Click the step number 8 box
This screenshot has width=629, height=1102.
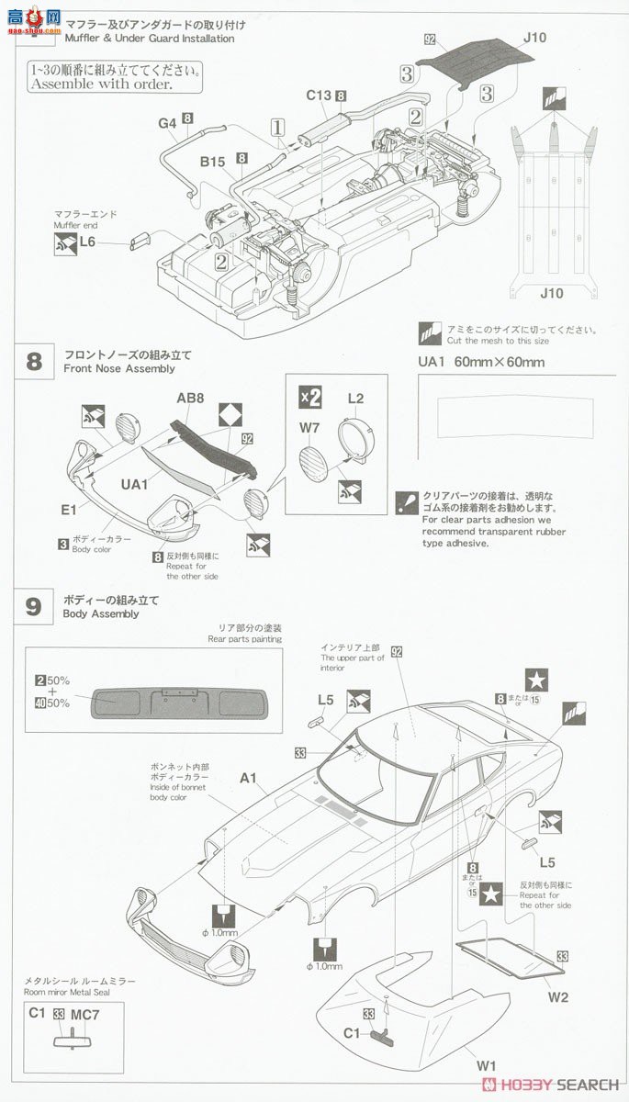click(33, 360)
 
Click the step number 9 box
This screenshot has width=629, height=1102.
click(33, 606)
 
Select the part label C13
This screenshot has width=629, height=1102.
click(318, 96)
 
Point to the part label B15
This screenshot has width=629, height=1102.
click(213, 162)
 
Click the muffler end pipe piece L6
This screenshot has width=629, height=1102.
click(140, 242)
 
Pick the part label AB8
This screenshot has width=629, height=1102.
click(190, 399)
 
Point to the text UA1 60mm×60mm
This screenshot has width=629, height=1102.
click(481, 362)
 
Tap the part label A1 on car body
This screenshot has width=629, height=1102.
click(248, 778)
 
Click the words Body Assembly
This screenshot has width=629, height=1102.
click(101, 613)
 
